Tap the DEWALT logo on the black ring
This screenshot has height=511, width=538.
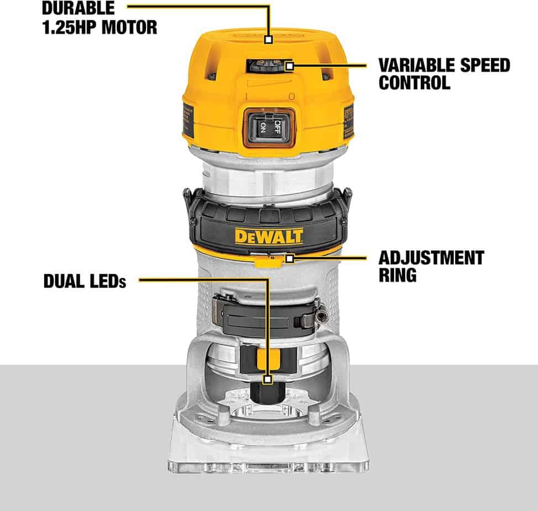(269, 237)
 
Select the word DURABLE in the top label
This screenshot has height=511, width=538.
(79, 8)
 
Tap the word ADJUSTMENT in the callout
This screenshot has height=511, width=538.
(431, 257)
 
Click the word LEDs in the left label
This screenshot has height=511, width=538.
(107, 281)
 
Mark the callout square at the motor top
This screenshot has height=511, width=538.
(268, 39)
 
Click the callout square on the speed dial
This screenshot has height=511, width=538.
(289, 66)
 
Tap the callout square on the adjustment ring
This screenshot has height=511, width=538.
(289, 257)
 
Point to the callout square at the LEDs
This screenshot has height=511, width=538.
(268, 380)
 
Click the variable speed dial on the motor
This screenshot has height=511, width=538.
(260, 66)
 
